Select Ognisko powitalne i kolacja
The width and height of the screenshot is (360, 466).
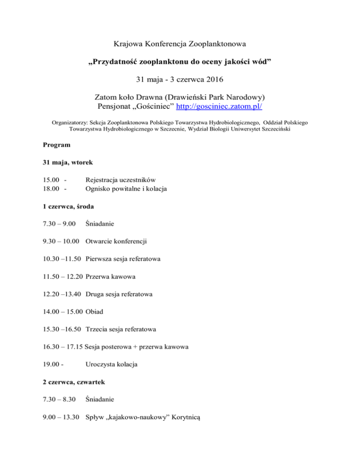(x=127, y=189)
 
